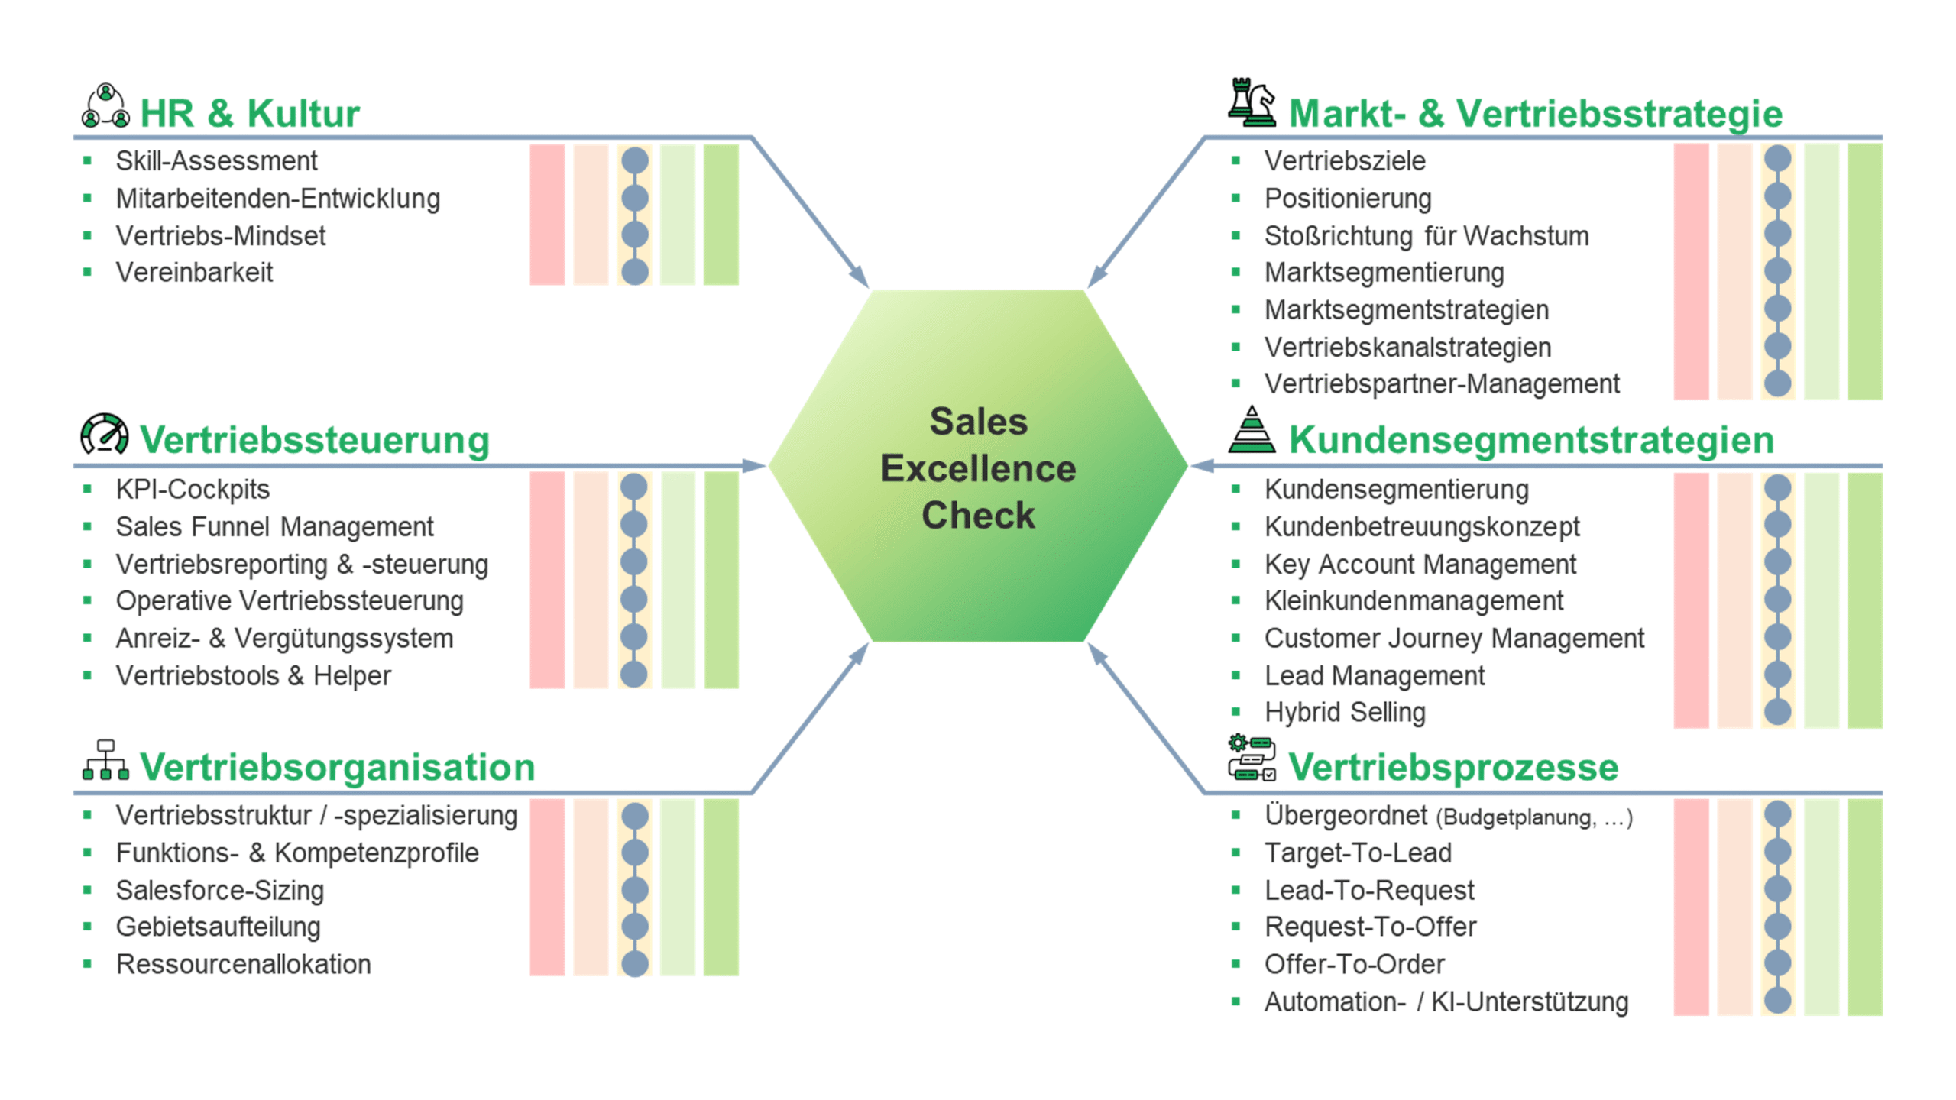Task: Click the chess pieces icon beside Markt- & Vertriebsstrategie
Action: (x=1251, y=102)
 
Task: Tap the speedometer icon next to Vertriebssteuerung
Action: (x=105, y=434)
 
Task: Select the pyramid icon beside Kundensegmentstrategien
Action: (x=1251, y=430)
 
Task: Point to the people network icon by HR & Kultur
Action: (x=105, y=106)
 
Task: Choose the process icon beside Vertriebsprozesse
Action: (x=1251, y=758)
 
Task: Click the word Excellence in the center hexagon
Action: (x=977, y=468)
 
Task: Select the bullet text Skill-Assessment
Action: (x=216, y=161)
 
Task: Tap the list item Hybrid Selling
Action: (x=1344, y=712)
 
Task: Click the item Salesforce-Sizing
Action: (x=220, y=890)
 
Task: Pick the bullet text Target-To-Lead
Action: (x=1357, y=852)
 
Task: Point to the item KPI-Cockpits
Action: (x=193, y=489)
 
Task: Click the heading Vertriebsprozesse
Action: (x=1452, y=767)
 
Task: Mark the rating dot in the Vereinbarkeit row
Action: (x=634, y=272)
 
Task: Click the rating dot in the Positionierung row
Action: (x=1777, y=196)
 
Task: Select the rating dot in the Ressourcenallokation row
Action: (x=634, y=963)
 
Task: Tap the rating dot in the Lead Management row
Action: (x=1777, y=675)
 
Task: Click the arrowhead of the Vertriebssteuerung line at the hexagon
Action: (x=755, y=465)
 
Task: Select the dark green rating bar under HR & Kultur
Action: (x=721, y=215)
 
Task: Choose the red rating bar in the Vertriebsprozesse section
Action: (x=1690, y=907)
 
